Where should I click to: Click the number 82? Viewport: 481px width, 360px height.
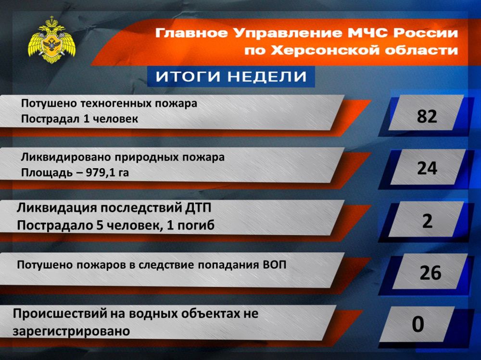[427, 116]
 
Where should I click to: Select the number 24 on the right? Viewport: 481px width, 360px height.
[427, 168]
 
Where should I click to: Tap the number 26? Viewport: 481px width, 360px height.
[430, 273]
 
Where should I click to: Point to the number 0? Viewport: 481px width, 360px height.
[418, 324]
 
